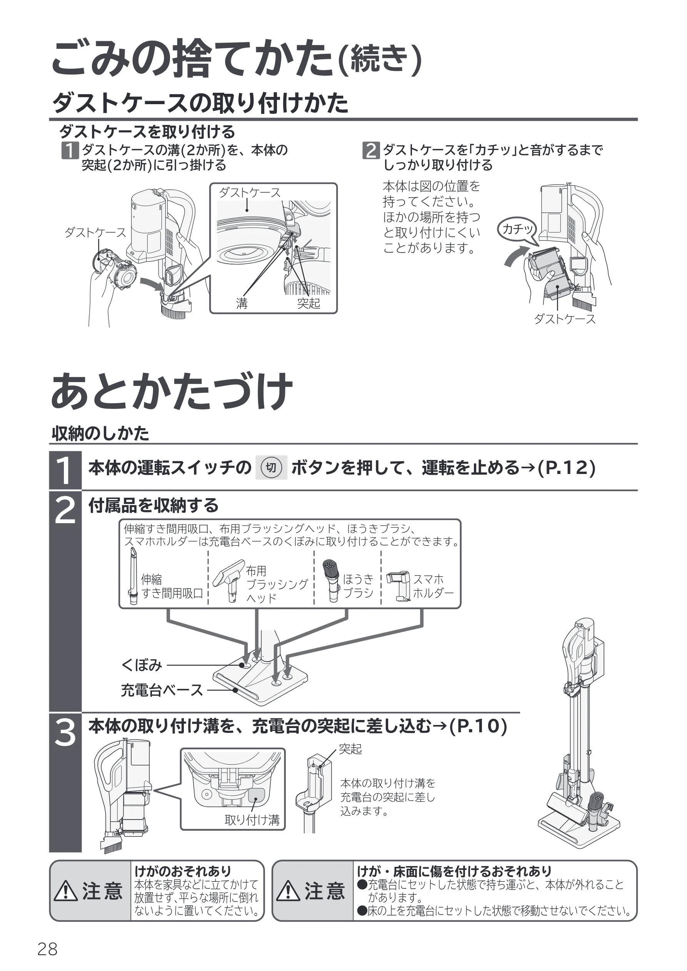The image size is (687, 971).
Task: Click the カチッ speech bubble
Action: [x=517, y=231]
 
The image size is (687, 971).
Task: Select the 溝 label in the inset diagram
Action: [x=242, y=303]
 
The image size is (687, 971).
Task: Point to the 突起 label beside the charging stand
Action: [x=350, y=749]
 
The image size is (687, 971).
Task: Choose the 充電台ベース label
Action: [x=162, y=690]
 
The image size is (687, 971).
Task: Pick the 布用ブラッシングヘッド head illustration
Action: [x=229, y=580]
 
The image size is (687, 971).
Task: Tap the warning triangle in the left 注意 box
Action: [x=65, y=891]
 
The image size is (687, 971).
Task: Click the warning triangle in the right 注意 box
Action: [x=288, y=891]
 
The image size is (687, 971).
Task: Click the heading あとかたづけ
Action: [x=172, y=391]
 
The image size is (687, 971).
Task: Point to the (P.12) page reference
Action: [x=566, y=468]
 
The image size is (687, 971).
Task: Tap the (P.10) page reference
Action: [x=478, y=726]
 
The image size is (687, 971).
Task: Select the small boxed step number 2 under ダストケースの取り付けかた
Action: [x=371, y=151]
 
